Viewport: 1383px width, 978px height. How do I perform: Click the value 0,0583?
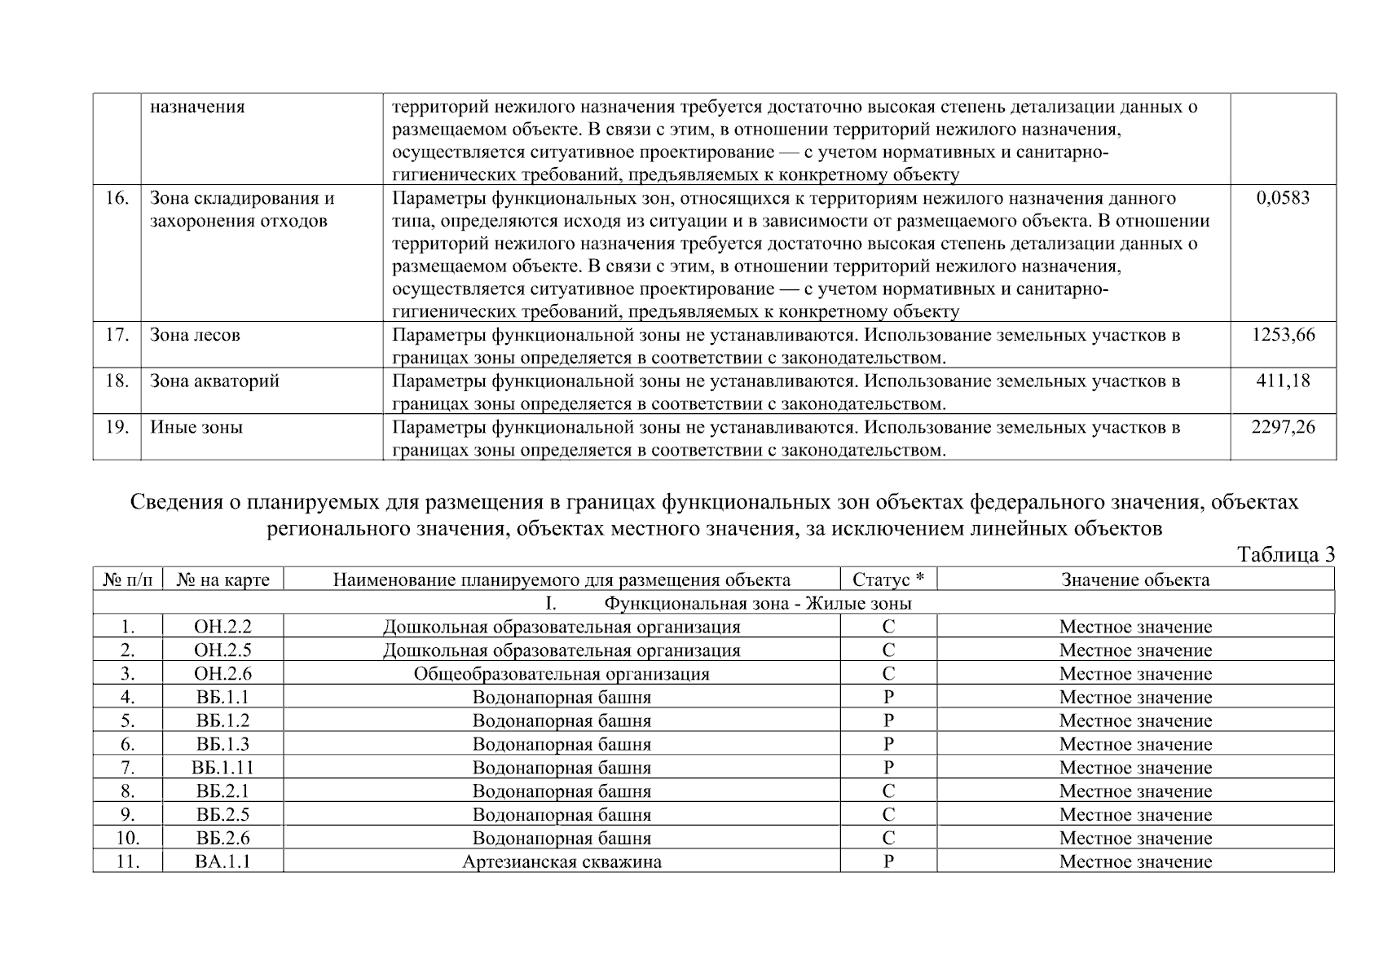[x=1283, y=198]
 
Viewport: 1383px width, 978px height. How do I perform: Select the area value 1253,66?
[x=1283, y=335]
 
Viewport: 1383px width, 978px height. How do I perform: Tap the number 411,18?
[x=1283, y=381]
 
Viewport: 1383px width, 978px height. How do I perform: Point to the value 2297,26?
[x=1283, y=427]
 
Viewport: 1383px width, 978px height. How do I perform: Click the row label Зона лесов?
[x=195, y=335]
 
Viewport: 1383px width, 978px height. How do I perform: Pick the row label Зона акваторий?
[x=214, y=381]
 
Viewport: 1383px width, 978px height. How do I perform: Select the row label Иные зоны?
[x=196, y=427]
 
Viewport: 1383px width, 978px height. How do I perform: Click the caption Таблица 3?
[x=1286, y=555]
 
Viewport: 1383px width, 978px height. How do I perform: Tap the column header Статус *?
[x=888, y=579]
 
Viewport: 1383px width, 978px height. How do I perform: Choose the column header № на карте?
[x=223, y=579]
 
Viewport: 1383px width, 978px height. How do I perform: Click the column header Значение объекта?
[x=1135, y=579]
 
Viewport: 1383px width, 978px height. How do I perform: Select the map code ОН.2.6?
[x=223, y=674]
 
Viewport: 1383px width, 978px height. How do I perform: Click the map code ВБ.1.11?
[x=223, y=768]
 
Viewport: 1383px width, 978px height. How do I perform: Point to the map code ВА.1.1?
[x=223, y=861]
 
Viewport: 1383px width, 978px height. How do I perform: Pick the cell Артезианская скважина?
[x=562, y=861]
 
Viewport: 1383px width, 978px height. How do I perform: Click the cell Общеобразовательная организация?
[x=562, y=674]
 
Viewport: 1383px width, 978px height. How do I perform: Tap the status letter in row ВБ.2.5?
[x=888, y=815]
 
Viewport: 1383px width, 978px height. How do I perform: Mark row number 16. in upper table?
[x=117, y=198]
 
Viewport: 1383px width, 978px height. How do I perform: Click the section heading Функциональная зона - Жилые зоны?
[x=757, y=604]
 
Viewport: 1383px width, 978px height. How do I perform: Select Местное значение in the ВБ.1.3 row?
[x=1135, y=744]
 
